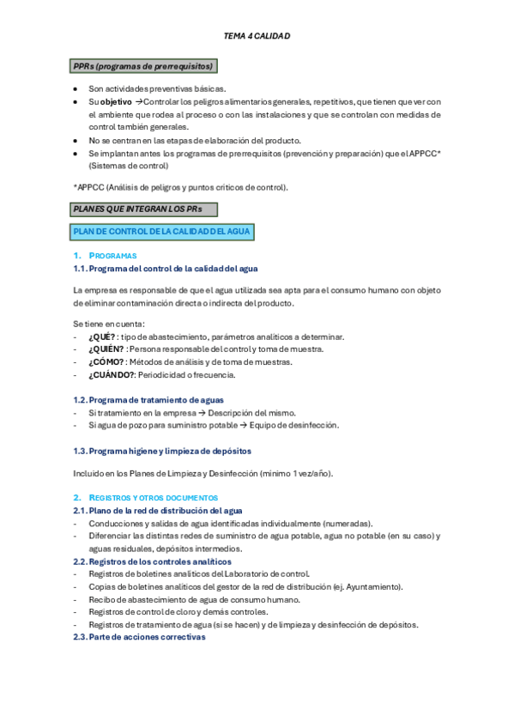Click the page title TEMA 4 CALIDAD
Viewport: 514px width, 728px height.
(257, 36)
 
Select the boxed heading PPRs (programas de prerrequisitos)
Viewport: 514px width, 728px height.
(142, 66)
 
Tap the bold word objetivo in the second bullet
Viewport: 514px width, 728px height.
(117, 101)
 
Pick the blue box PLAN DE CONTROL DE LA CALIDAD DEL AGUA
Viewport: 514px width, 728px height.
(162, 232)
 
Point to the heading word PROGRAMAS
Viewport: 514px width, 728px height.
(112, 256)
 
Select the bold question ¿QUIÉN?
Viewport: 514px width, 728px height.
(106, 349)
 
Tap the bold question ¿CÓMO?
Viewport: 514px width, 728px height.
(106, 362)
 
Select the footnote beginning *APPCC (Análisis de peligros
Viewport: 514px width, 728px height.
(181, 187)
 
